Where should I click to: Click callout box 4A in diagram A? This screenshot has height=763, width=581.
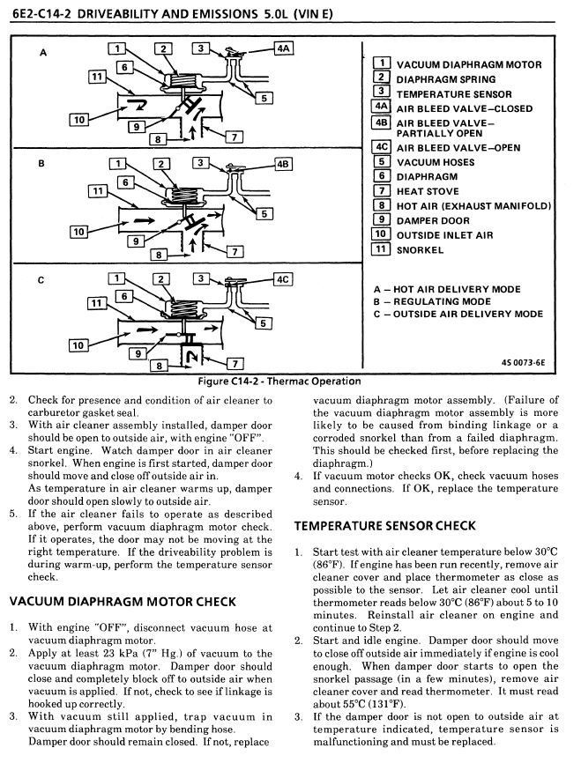point(283,49)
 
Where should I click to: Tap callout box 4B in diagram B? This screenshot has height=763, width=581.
point(283,164)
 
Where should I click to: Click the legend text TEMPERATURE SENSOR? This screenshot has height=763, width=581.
point(453,93)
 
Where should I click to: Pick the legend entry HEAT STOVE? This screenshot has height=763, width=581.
point(428,191)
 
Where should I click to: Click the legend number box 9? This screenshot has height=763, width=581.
point(381,220)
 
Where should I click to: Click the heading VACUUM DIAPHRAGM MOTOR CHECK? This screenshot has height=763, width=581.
point(123,602)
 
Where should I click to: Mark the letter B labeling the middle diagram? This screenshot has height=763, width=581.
point(42,164)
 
